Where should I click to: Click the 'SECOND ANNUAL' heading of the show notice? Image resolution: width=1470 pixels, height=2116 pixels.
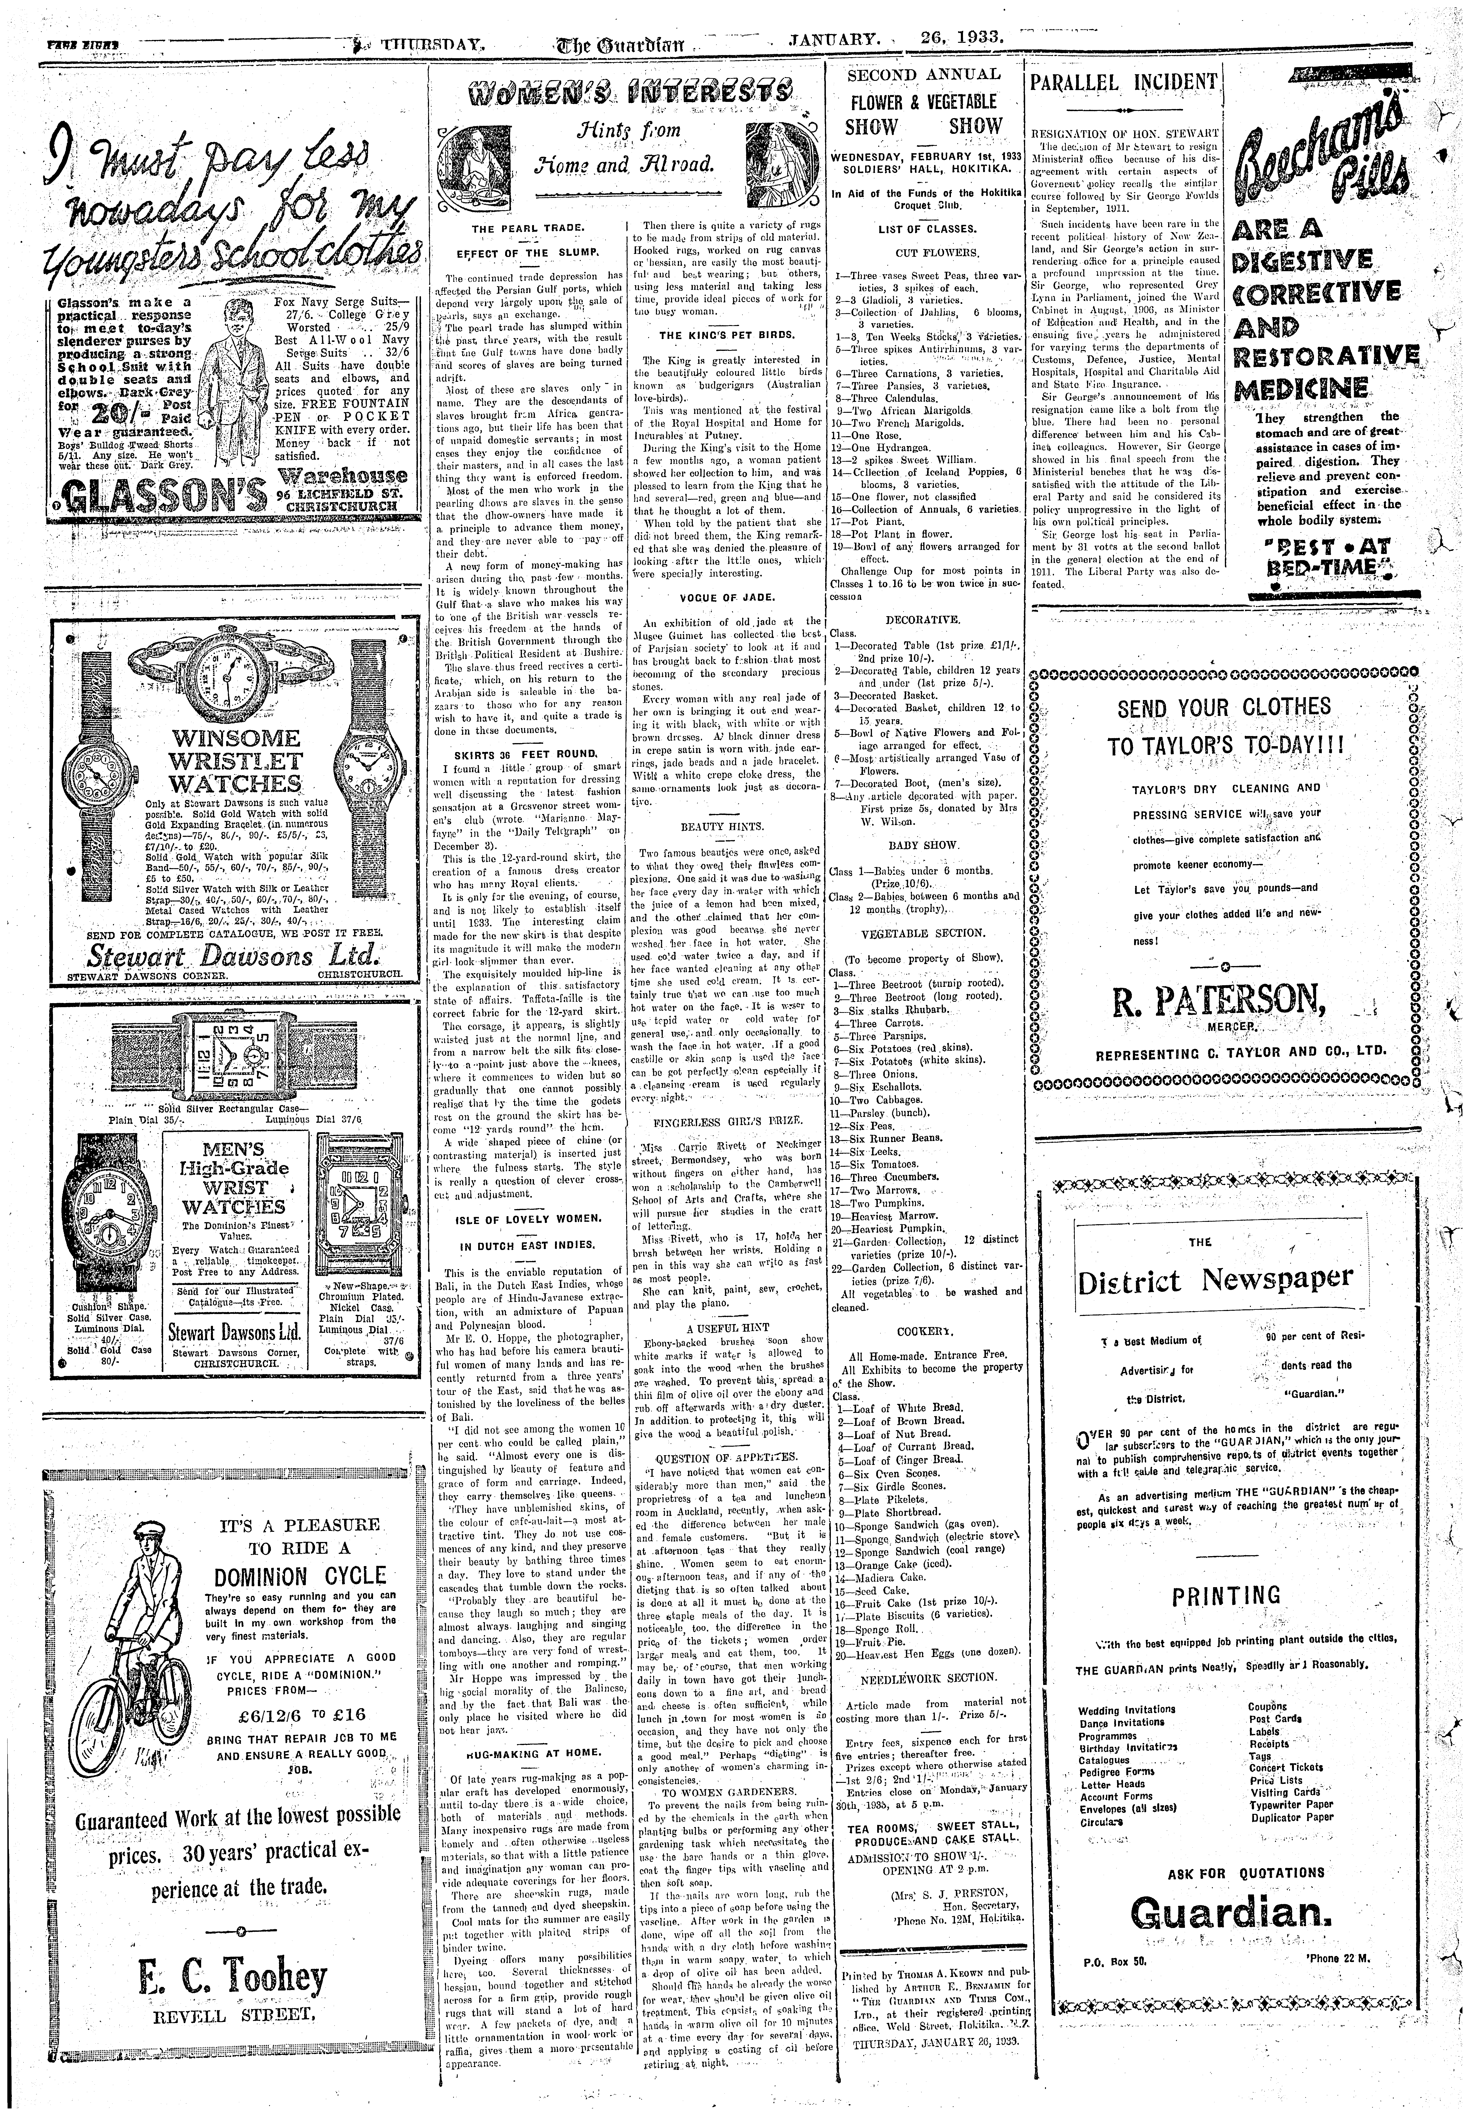point(923,75)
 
